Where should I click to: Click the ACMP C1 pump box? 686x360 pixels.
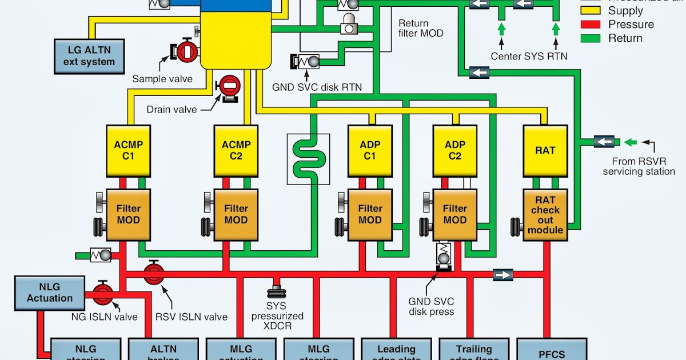(128, 151)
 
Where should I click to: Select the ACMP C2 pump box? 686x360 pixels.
(236, 151)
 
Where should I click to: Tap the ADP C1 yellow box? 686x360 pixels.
(370, 151)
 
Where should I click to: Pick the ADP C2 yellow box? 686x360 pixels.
(455, 151)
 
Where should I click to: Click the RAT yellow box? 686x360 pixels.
(545, 151)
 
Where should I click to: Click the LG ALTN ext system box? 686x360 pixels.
(89, 56)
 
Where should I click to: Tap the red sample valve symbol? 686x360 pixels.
(186, 51)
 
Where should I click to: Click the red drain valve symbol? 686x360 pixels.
(230, 88)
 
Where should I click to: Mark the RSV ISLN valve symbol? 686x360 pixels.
(154, 274)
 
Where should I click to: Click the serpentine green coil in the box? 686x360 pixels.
(308, 159)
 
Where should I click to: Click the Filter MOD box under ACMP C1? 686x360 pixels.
(128, 214)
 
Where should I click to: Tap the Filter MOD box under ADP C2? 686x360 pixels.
(455, 214)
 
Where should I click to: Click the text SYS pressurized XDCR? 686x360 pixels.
(277, 316)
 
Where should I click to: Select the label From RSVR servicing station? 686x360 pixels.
(639, 166)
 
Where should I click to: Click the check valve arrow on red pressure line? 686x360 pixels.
(503, 275)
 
